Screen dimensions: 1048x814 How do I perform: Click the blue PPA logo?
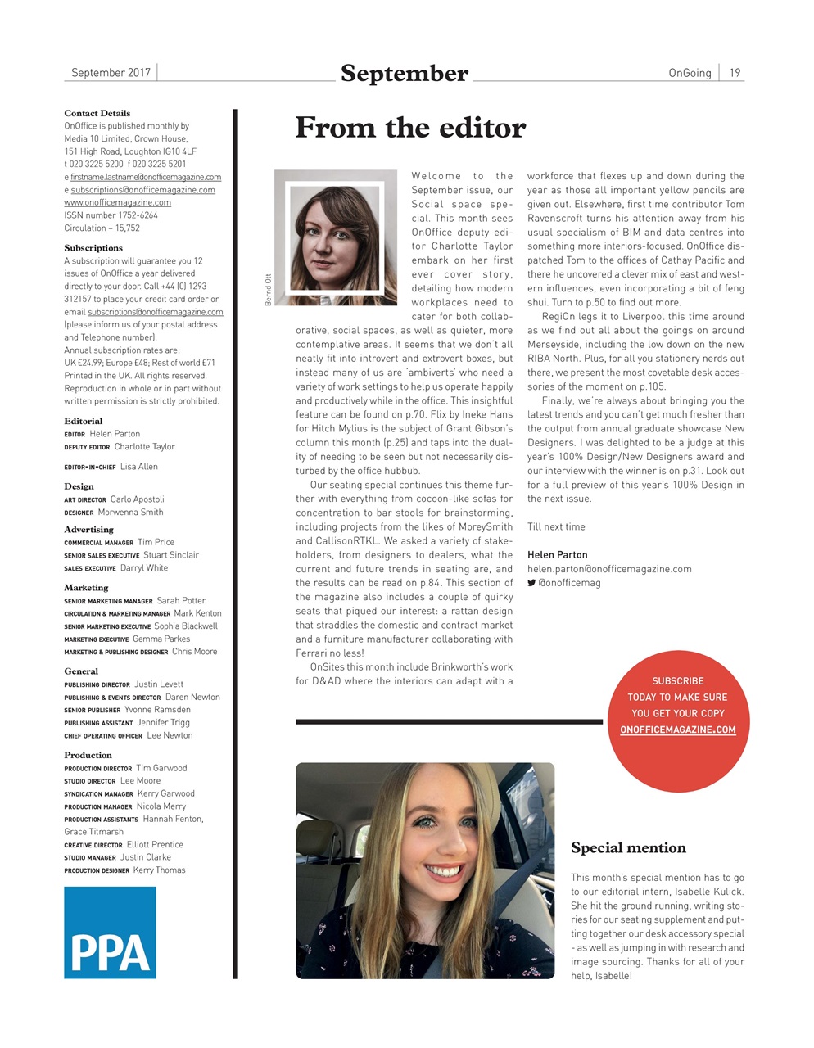pos(110,933)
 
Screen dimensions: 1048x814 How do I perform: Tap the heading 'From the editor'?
pos(410,128)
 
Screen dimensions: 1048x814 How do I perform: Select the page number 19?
pos(735,73)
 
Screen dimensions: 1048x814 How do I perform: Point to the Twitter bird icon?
pos(531,583)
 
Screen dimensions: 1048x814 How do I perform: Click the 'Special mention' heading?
pos(628,848)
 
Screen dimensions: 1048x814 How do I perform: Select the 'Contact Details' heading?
pos(97,113)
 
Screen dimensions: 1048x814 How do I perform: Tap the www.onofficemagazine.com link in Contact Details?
pos(117,202)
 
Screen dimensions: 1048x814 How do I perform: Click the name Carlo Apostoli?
pos(137,499)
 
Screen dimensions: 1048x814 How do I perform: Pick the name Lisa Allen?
pos(139,467)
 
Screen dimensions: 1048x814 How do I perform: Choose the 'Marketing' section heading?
pos(86,588)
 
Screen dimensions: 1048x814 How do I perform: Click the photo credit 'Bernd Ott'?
pos(268,289)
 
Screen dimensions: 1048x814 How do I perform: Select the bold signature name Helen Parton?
pos(557,555)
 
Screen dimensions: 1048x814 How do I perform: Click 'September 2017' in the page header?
pos(111,73)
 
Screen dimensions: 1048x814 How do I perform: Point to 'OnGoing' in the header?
pos(690,73)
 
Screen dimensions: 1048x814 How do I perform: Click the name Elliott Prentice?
pos(155,845)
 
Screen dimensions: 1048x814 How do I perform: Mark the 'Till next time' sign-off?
pos(556,527)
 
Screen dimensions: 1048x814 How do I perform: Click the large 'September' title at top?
pos(405,74)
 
